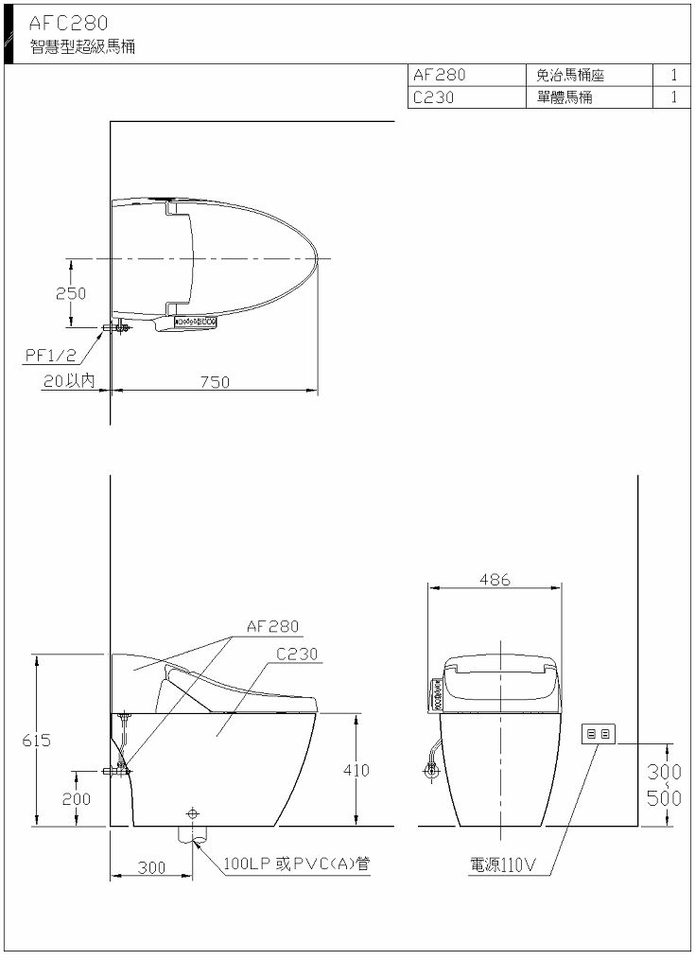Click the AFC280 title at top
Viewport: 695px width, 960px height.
(68, 24)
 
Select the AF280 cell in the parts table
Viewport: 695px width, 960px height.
(439, 75)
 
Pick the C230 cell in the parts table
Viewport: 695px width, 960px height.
(433, 96)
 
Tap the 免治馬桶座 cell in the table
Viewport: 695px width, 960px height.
(570, 76)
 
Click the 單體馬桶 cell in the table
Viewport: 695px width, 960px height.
(565, 96)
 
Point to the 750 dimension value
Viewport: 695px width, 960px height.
(215, 382)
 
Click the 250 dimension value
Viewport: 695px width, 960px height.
(71, 293)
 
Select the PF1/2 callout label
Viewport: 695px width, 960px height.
(51, 355)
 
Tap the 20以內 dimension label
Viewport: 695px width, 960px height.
(69, 381)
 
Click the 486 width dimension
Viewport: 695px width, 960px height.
(495, 579)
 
